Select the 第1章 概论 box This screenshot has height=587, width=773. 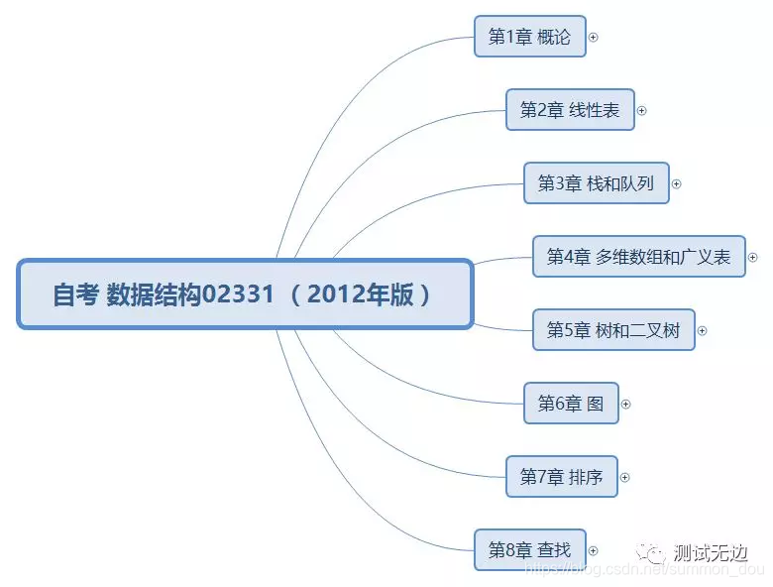[529, 37]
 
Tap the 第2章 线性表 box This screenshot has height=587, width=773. [570, 110]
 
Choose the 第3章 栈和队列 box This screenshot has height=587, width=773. [596, 183]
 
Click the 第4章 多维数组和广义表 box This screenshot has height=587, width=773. [638, 257]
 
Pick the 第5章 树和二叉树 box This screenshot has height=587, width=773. [612, 330]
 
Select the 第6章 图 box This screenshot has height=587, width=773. [570, 404]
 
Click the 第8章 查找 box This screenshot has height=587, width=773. [529, 550]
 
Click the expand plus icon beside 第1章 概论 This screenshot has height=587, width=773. [594, 38]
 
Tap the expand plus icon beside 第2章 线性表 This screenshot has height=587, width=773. [641, 111]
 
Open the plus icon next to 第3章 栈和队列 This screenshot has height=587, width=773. [677, 184]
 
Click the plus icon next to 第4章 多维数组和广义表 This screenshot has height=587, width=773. [752, 258]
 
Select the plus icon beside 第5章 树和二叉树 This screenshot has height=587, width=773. [703, 331]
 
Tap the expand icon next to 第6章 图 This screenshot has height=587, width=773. [625, 405]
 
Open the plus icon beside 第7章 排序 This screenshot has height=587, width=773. [624, 478]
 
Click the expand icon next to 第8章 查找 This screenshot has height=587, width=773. [594, 551]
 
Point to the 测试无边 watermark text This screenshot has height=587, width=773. [710, 553]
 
